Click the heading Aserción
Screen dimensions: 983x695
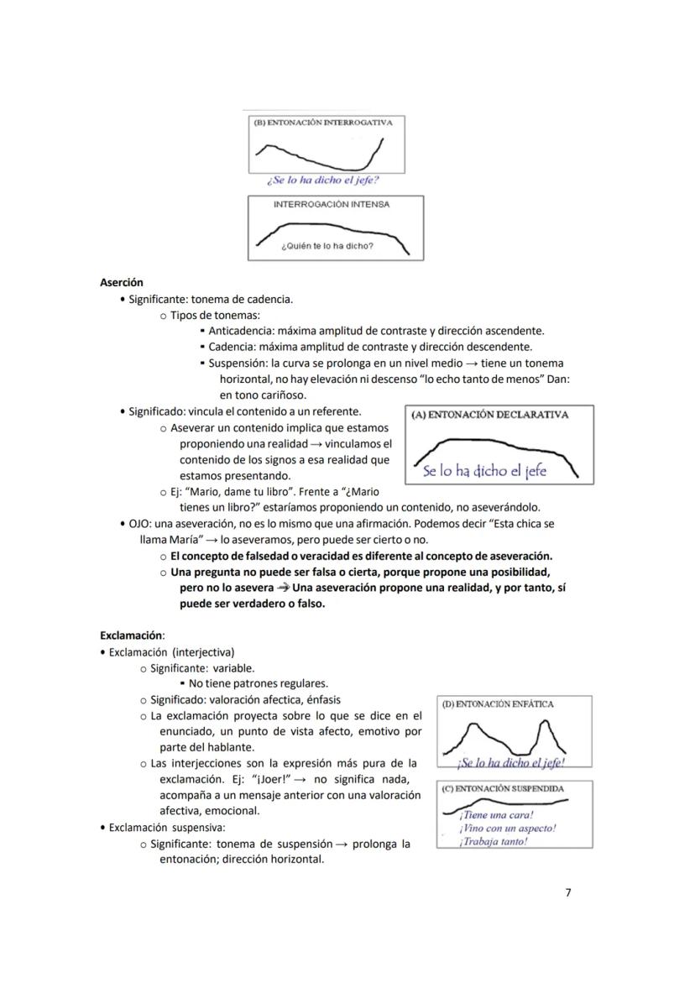tap(122, 283)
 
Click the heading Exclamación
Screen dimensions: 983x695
tap(132, 635)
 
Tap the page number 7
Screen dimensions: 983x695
tap(568, 892)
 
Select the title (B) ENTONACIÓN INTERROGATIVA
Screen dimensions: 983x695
tap(323, 123)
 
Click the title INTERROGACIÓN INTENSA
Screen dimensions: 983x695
tap(332, 205)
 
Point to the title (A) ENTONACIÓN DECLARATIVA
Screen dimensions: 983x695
tap(490, 415)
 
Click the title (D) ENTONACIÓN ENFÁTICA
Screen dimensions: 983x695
tap(498, 704)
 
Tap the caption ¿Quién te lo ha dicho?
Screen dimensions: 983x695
tap(327, 247)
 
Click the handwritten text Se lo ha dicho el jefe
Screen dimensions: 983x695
tap(484, 471)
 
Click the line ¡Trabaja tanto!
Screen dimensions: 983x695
tap(493, 842)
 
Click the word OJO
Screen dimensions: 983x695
tap(139, 523)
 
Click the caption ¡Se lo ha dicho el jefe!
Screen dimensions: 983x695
tap(510, 763)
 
